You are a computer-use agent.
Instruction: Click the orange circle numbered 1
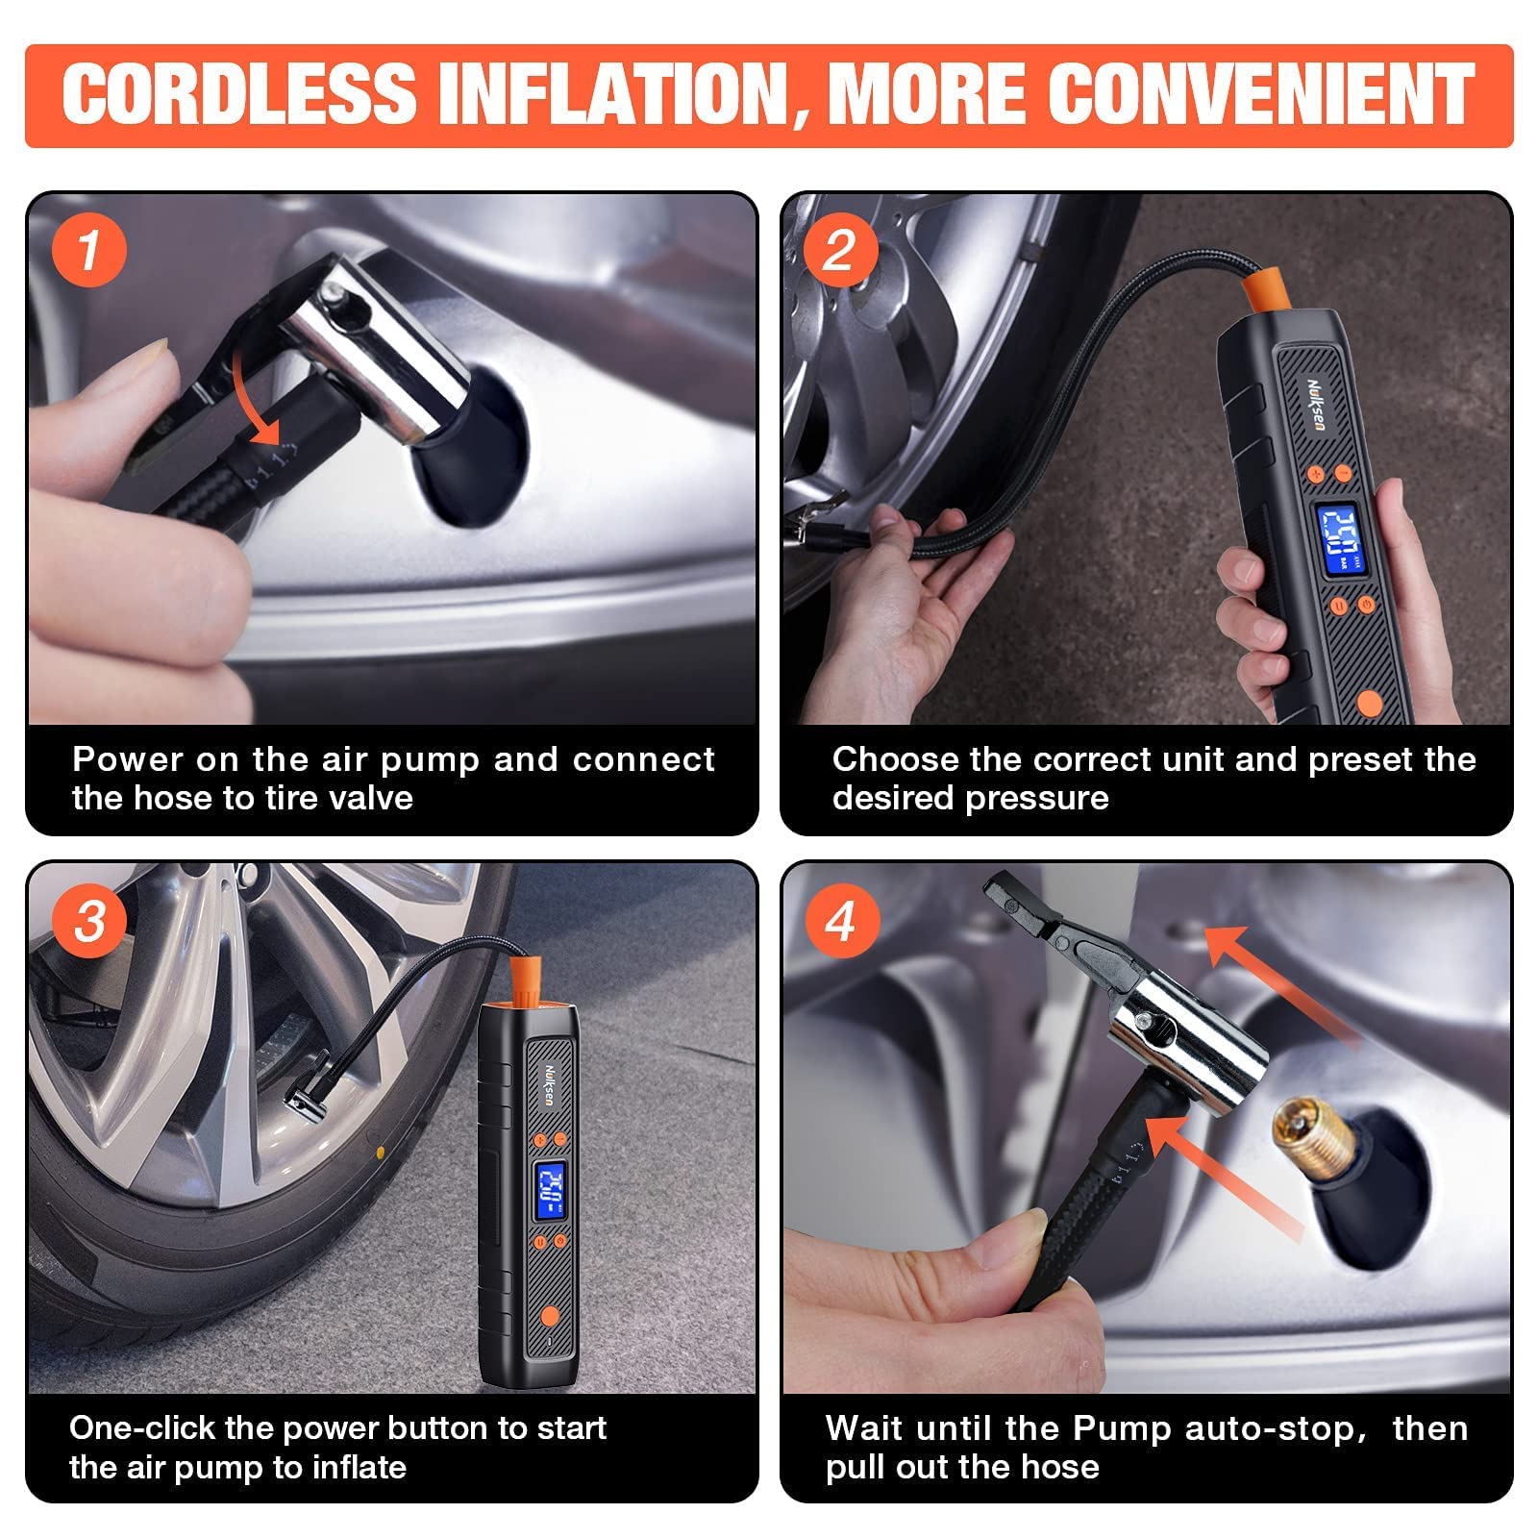(x=88, y=251)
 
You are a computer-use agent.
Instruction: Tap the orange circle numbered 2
(x=839, y=251)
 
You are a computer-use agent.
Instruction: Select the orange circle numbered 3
(x=88, y=922)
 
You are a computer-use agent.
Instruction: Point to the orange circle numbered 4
(x=839, y=922)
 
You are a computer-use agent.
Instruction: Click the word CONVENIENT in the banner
(x=1260, y=94)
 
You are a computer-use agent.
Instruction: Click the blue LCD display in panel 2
(x=1342, y=541)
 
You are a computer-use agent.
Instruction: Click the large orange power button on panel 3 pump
(x=549, y=1316)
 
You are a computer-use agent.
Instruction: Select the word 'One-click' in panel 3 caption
(x=142, y=1428)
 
